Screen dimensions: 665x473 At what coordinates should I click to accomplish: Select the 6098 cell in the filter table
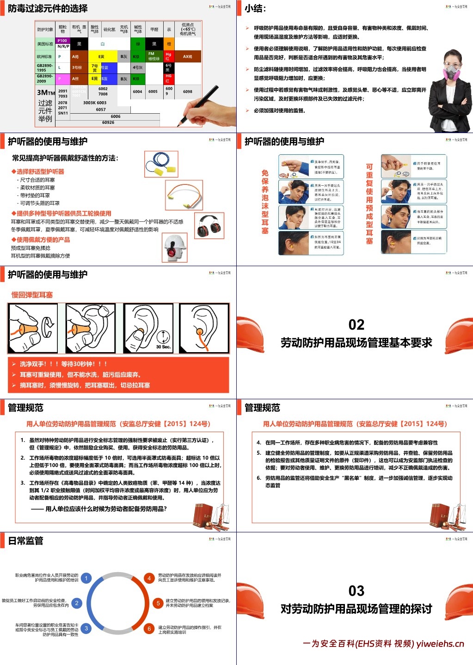point(187,92)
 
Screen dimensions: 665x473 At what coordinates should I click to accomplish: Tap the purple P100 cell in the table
point(63,41)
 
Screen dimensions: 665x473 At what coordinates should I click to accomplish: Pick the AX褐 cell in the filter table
point(187,56)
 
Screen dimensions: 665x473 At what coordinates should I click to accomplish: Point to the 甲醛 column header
point(154,29)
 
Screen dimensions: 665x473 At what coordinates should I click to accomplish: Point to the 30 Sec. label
point(163,347)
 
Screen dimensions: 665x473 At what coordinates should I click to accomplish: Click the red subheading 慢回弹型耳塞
point(32,295)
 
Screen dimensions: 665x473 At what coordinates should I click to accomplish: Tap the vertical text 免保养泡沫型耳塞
point(265,201)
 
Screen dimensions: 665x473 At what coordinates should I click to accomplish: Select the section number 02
point(356,324)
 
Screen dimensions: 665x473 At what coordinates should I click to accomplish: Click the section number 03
point(356,591)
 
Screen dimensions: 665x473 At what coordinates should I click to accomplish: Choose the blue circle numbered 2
point(77,603)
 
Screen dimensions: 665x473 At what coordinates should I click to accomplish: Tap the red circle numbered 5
point(158,603)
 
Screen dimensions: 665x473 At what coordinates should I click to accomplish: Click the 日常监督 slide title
point(26,541)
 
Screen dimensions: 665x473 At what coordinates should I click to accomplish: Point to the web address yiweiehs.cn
point(440,644)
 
